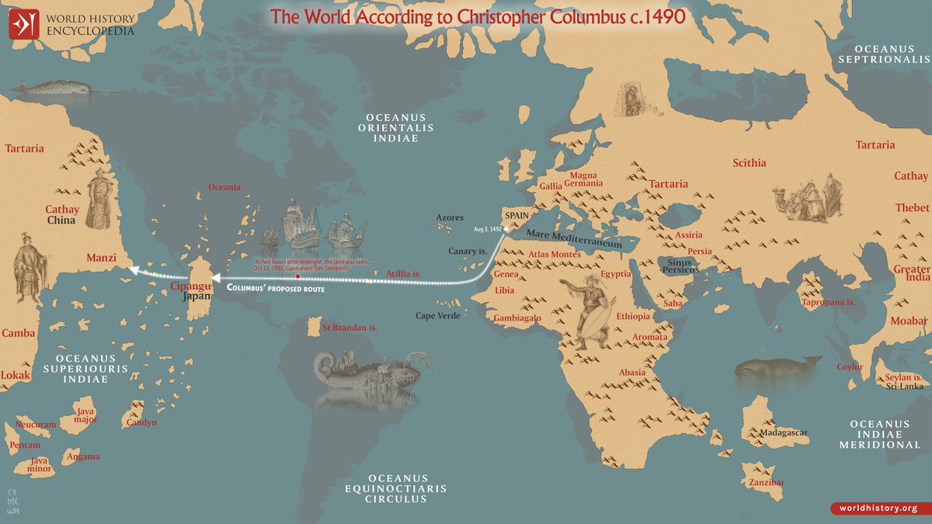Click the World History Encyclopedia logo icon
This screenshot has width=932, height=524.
pos(23,25)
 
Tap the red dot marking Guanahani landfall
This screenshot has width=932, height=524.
pos(297,276)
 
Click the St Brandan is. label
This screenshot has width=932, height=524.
pos(349,328)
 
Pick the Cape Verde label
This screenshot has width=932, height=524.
pos(438,316)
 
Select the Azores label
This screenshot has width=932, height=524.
pos(450,218)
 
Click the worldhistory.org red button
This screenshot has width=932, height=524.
pos(880,508)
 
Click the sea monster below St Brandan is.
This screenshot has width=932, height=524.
pos(365,372)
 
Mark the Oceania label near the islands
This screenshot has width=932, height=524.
pos(224,187)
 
